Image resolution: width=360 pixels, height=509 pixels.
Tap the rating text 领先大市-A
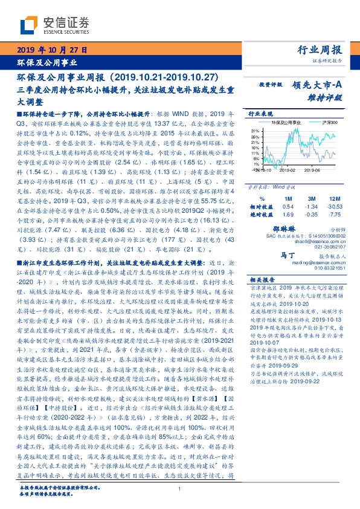pyautogui.click(x=320, y=86)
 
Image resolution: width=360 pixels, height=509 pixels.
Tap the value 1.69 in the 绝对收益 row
pyautogui.click(x=288, y=214)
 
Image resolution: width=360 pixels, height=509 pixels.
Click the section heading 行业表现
pyautogui.click(x=259, y=113)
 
